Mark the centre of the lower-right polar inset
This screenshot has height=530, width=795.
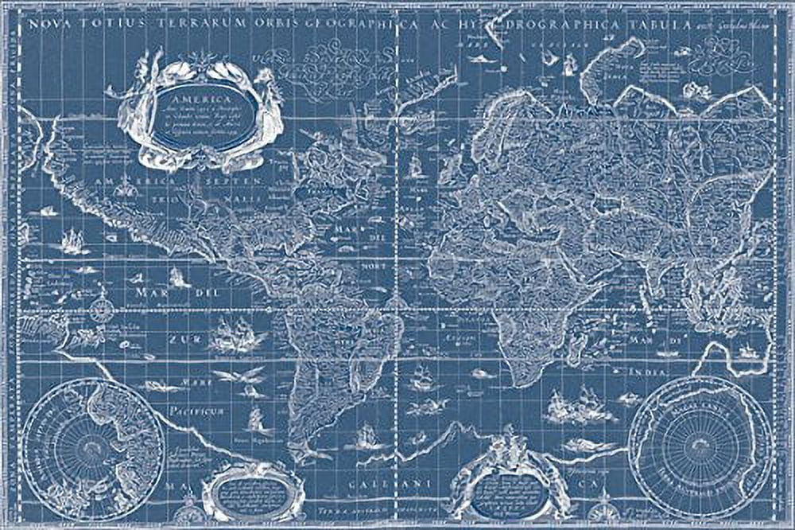click(700, 447)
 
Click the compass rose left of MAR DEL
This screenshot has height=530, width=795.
click(101, 307)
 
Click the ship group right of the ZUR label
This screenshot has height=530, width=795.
click(236, 334)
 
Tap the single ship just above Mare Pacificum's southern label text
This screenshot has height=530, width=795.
click(256, 419)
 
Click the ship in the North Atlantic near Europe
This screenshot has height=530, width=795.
click(415, 167)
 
